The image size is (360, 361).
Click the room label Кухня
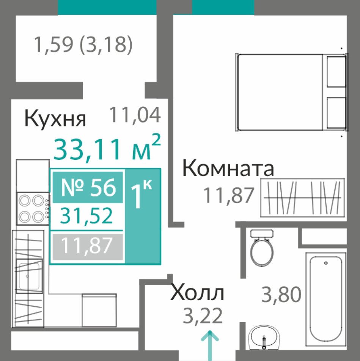point(55,118)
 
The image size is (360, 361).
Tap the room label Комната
point(228,169)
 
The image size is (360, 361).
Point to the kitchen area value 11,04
point(135,115)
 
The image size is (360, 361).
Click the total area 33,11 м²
point(107,148)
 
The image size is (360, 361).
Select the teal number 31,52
point(86,216)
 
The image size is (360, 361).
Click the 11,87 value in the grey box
point(87,246)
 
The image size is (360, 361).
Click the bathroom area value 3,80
point(281,294)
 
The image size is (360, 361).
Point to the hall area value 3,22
point(203,315)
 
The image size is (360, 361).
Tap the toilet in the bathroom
point(262,248)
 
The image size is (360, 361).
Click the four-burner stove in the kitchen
point(33,208)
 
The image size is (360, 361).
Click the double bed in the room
point(292,92)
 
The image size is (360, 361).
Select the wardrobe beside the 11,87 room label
point(303,197)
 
